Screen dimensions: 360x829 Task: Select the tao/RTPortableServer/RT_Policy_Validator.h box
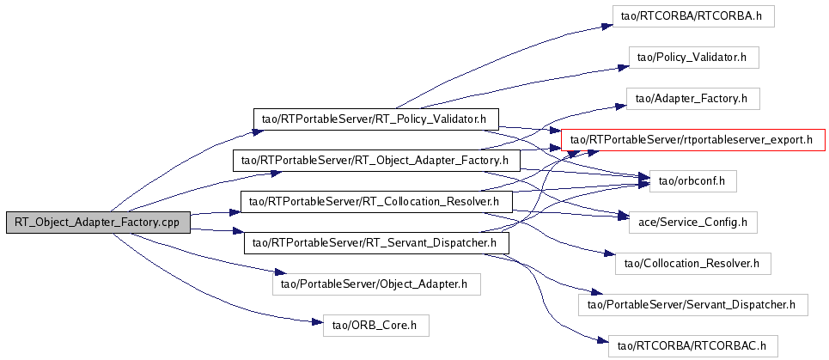tap(376, 118)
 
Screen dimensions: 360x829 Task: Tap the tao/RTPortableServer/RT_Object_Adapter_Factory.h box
tap(376, 160)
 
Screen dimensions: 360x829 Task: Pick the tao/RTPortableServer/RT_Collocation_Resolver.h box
tap(376, 203)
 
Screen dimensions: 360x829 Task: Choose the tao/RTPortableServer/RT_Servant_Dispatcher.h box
tap(376, 243)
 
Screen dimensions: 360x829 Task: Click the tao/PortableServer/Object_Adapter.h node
tap(376, 283)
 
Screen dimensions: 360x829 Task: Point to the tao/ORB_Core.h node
tap(375, 325)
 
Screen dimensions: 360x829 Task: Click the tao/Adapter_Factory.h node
tap(693, 99)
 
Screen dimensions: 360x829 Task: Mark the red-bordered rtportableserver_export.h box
tap(692, 139)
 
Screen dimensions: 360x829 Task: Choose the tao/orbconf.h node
tap(692, 180)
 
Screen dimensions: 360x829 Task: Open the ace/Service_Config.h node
tap(692, 222)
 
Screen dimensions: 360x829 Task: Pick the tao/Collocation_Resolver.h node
tap(692, 262)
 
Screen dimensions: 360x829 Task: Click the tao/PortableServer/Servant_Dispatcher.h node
tap(692, 303)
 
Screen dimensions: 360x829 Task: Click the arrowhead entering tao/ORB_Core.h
tap(317, 324)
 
